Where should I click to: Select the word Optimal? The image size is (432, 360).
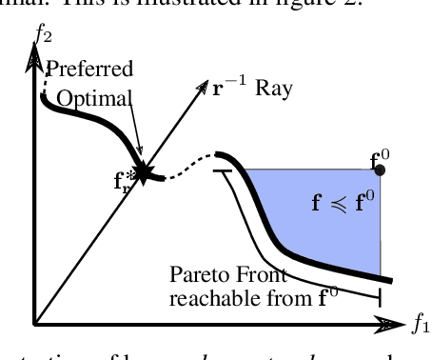coord(92,98)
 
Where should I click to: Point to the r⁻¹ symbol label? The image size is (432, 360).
coord(226,91)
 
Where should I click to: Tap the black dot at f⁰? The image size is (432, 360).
coord(381,170)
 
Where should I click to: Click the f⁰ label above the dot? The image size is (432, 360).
coord(378,151)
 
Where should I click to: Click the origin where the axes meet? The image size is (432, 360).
coord(35,325)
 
